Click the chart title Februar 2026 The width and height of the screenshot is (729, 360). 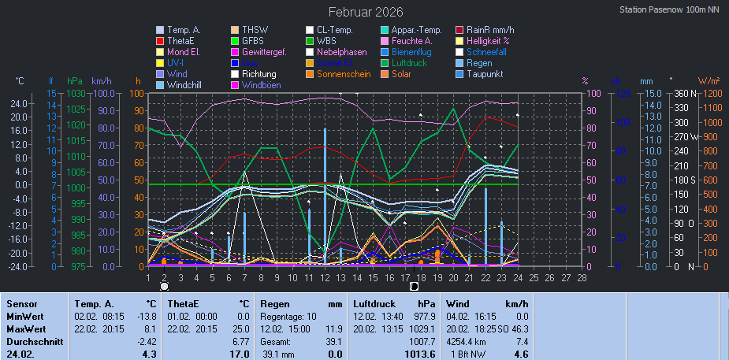[x=365, y=12]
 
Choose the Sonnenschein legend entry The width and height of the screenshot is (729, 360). [x=344, y=74]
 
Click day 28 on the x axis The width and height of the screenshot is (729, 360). [x=582, y=277]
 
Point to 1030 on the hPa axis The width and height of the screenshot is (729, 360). [x=76, y=94]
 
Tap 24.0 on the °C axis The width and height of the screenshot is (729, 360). [x=20, y=103]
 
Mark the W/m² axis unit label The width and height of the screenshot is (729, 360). [x=709, y=80]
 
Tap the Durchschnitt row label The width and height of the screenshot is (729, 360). [x=33, y=342]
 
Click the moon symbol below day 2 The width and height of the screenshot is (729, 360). [x=164, y=287]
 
